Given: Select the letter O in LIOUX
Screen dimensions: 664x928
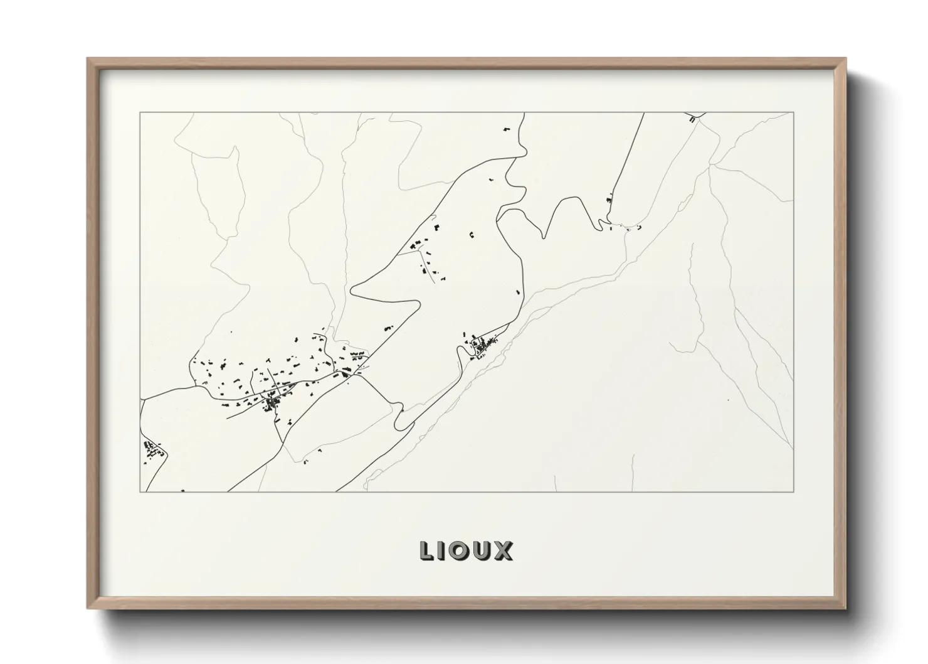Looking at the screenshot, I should (461, 551).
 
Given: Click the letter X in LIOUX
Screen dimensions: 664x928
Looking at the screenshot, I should (504, 551).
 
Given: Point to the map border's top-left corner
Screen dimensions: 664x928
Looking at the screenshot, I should (140, 113).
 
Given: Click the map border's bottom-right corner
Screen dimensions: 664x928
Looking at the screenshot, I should (793, 491).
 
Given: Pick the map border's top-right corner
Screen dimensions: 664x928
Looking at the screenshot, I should (793, 113).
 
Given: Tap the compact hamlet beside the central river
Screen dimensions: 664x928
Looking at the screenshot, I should (482, 346).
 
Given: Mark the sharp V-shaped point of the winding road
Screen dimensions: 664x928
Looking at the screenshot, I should (544, 237).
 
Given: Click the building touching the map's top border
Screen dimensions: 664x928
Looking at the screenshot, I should (692, 117).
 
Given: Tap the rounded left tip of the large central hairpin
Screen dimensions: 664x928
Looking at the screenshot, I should (352, 290).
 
